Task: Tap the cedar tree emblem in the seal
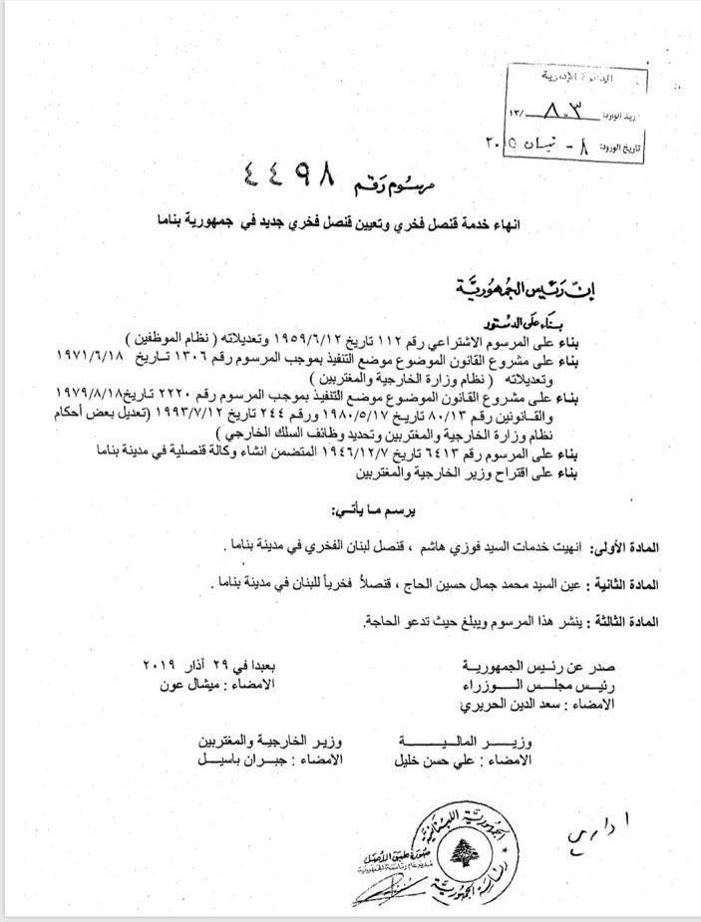click(x=461, y=851)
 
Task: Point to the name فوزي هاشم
click(x=463, y=549)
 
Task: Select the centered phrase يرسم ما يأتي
click(x=373, y=509)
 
